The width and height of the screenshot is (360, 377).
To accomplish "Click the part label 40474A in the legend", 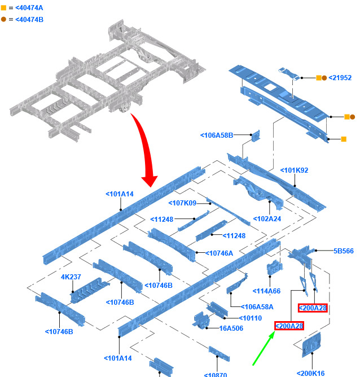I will pos(29,8).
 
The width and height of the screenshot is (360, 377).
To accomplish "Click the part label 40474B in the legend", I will pos(29,20).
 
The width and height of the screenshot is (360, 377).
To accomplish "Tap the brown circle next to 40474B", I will pos(4,20).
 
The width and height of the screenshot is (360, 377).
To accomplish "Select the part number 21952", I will pos(340,78).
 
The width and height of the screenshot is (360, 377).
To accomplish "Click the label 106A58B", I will pos(217,135).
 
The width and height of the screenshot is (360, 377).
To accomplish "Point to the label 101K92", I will pos(295,170).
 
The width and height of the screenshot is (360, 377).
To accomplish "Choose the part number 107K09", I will pos(182,203).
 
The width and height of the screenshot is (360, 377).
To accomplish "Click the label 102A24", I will pos(267,219).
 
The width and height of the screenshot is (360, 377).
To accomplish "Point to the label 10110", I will pos(251,318).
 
